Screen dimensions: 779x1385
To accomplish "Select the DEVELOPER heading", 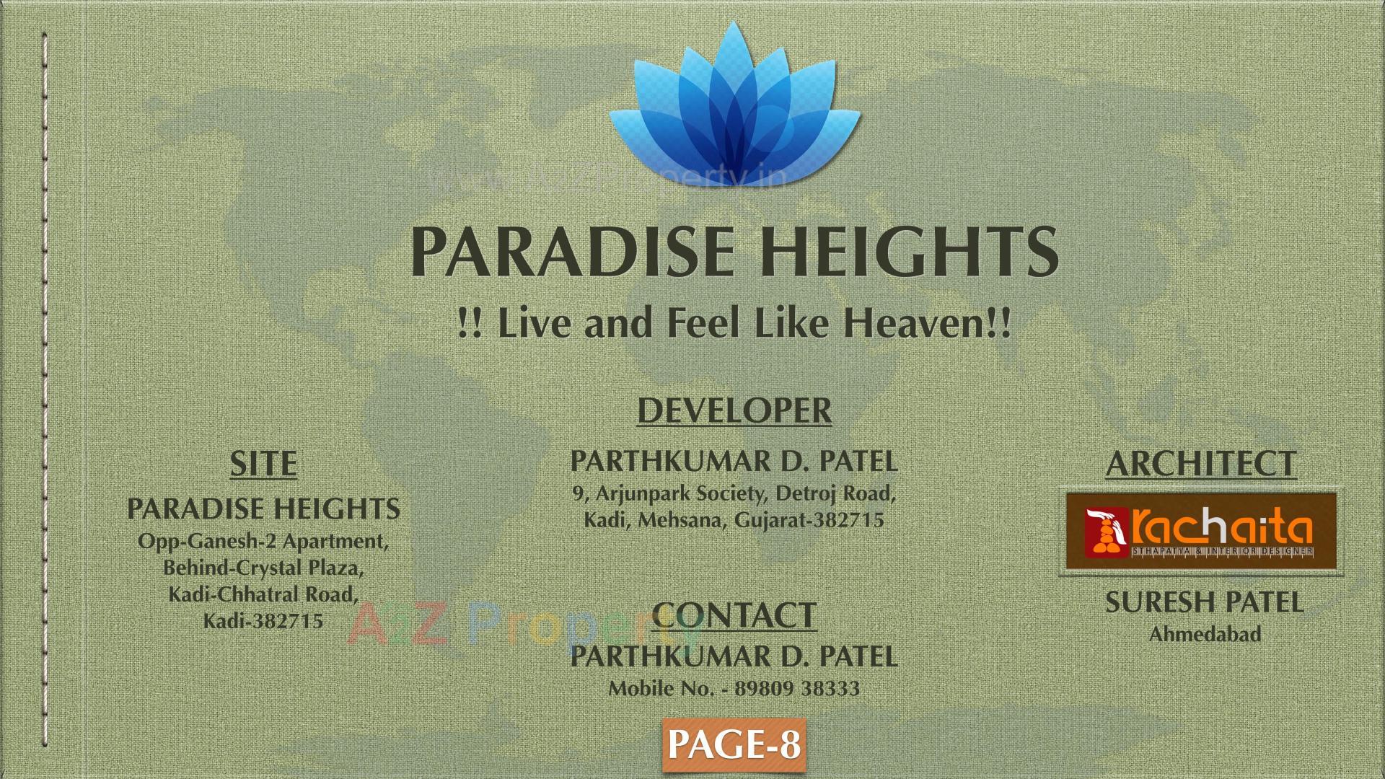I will (x=734, y=410).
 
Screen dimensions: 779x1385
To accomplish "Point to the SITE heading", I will (x=263, y=464).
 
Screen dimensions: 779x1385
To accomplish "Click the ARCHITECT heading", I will (x=1201, y=464).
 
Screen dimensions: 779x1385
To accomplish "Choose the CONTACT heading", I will (x=734, y=615).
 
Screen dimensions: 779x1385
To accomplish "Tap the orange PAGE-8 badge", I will (x=734, y=744).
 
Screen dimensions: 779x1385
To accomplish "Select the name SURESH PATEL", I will (x=1204, y=603).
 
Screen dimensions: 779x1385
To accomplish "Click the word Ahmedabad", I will (x=1205, y=635).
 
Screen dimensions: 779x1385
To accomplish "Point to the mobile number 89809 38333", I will (x=796, y=688).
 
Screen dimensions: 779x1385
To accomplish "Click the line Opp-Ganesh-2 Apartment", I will (x=263, y=541).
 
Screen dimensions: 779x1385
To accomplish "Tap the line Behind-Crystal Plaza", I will (x=263, y=568).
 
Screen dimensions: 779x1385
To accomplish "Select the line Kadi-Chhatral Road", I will (x=263, y=594).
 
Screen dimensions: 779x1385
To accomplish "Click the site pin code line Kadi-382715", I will (x=263, y=621).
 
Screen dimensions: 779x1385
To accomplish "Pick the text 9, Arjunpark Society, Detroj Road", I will (x=734, y=494).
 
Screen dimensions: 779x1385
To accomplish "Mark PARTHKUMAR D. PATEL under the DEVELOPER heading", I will (x=734, y=462).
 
